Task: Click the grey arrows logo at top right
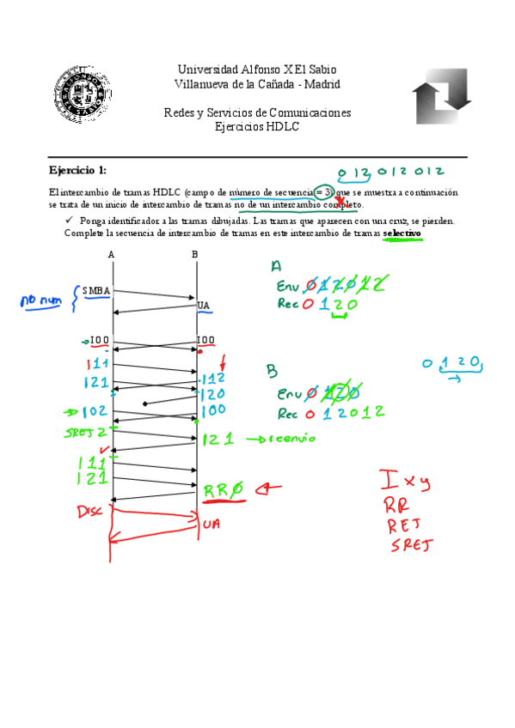[x=441, y=96]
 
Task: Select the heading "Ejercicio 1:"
[x=77, y=170]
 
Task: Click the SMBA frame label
[x=96, y=290]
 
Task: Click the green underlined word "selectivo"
[x=402, y=233]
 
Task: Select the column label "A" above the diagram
[x=112, y=254]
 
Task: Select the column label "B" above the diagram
[x=195, y=254]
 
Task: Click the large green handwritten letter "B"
[x=273, y=370]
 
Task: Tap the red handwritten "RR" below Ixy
[x=397, y=502]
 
